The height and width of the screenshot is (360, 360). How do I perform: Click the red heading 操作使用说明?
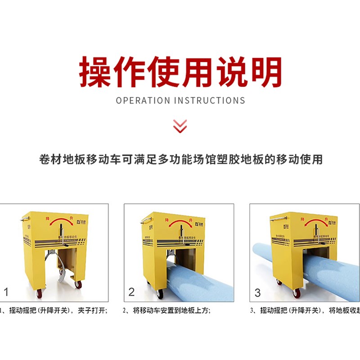click(180, 72)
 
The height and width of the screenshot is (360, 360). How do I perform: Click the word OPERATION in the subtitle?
click(141, 100)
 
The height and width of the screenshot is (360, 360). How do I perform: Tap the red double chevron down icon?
click(180, 126)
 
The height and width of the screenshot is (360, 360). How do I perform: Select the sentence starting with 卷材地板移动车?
click(180, 159)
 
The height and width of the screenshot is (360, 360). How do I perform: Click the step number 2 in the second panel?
click(131, 292)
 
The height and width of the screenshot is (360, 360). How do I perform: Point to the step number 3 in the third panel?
click(257, 292)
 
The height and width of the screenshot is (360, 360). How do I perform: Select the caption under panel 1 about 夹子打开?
click(54, 310)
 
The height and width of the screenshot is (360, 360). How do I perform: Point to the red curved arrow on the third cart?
click(310, 224)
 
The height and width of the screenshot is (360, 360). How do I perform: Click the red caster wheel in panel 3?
click(297, 292)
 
